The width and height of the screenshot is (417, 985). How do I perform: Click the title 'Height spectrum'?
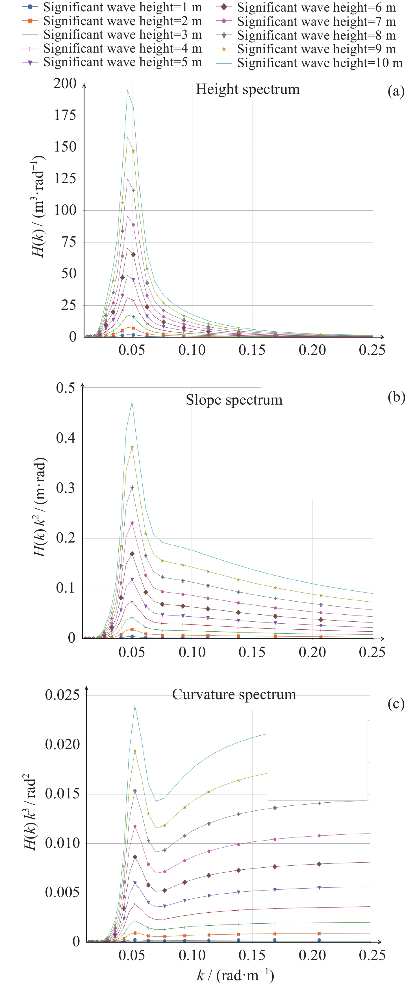tap(248, 89)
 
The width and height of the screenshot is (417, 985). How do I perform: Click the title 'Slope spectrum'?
tap(234, 400)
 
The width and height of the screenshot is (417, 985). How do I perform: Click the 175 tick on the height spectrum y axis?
tap(65, 115)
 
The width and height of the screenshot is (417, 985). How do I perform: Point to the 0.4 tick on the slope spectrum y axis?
tap(66, 438)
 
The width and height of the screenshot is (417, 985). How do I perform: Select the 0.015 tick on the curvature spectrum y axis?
tap(62, 793)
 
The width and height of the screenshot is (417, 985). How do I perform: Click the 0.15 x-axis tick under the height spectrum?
tap(252, 350)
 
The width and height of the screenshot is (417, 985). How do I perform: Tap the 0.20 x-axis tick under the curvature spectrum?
tap(312, 955)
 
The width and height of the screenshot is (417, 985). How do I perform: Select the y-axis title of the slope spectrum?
tap(39, 507)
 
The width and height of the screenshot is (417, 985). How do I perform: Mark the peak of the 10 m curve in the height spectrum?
tap(127, 90)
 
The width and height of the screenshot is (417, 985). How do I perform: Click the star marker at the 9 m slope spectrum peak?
tap(132, 447)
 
